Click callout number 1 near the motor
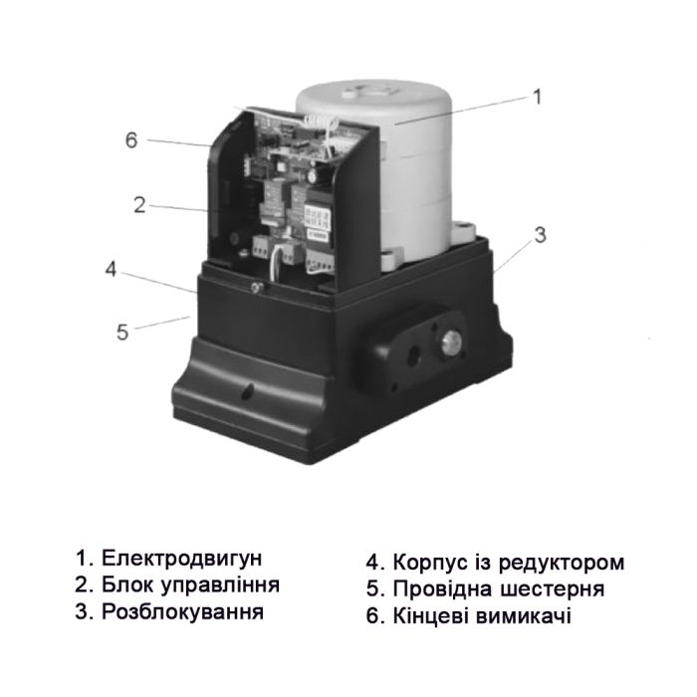[536, 97]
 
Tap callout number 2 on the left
[139, 206]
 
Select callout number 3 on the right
[540, 236]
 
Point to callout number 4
[112, 270]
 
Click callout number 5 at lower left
[122, 332]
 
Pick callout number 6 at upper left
[130, 139]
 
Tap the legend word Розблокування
[182, 610]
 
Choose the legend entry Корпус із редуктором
[508, 562]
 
